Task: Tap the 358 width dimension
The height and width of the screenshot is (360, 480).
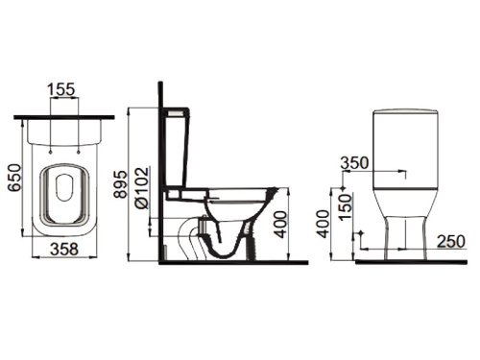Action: [x=63, y=248]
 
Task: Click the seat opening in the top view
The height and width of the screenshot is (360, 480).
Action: [x=64, y=184]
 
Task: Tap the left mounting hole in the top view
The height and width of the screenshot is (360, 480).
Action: [x=48, y=151]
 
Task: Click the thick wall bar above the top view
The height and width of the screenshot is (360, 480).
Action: [x=64, y=117]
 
